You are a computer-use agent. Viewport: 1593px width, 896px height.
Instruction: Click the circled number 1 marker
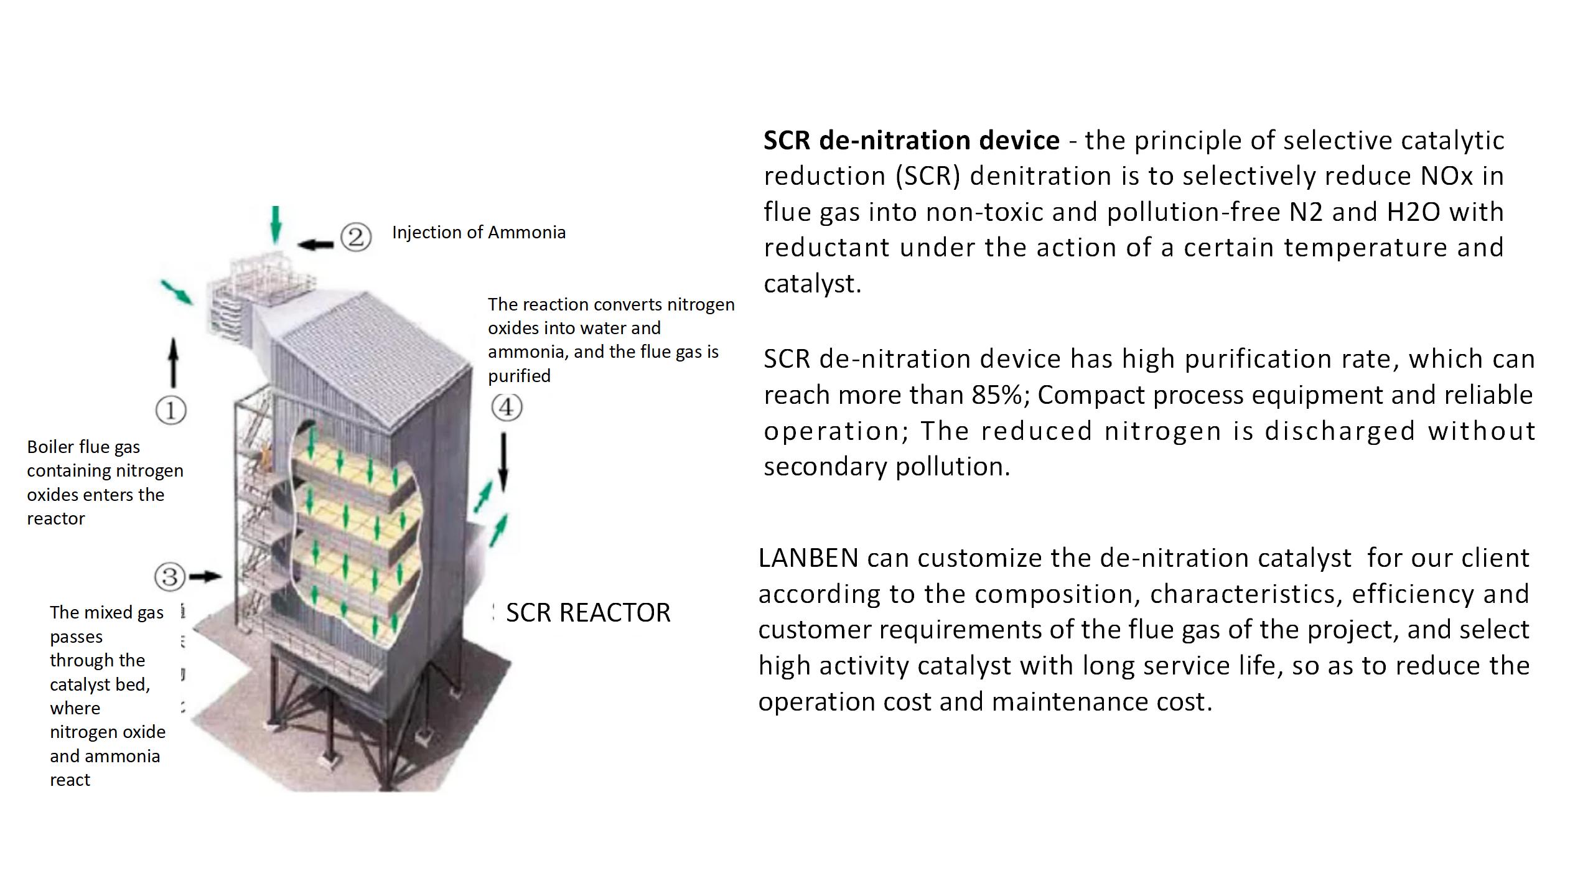click(x=171, y=411)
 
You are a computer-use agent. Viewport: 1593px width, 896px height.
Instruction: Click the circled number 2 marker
click(x=356, y=237)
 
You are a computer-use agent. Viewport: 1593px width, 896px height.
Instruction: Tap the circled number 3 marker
click(x=170, y=577)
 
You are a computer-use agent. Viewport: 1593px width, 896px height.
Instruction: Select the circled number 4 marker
click(x=507, y=408)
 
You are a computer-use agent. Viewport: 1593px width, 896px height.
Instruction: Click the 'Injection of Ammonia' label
click(x=479, y=233)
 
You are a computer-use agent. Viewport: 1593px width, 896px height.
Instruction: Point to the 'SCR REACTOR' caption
click(x=588, y=613)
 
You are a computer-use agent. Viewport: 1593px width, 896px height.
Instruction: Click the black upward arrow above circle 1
click(x=174, y=362)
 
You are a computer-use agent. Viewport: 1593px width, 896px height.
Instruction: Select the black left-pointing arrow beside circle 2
click(x=315, y=245)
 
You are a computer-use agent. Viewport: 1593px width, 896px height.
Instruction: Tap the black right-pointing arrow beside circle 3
click(x=205, y=577)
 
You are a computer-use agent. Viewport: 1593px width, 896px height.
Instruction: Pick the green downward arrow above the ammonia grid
click(x=276, y=224)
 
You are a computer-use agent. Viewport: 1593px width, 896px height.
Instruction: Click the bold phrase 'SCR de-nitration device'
click(x=911, y=141)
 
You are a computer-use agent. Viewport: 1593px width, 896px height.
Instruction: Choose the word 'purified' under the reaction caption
click(x=519, y=376)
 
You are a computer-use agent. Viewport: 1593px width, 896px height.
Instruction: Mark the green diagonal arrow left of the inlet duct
click(x=177, y=292)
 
